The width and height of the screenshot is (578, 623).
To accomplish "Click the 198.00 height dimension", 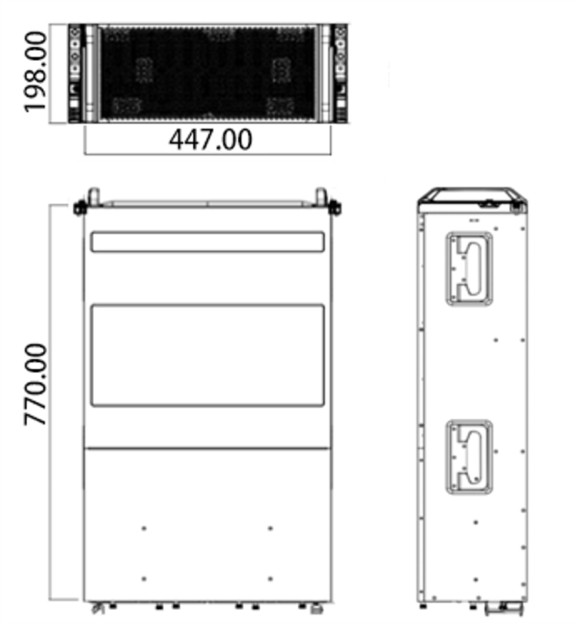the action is click(35, 72).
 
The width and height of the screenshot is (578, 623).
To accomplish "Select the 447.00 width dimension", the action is click(210, 139).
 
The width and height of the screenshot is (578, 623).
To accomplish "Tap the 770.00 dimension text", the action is click(35, 384).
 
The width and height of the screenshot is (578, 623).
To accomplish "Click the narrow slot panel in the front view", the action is click(207, 242).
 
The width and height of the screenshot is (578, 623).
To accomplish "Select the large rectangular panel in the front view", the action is click(207, 356).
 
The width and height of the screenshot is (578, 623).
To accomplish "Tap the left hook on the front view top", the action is click(93, 196).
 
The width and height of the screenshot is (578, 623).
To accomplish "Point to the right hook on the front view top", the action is click(321, 196).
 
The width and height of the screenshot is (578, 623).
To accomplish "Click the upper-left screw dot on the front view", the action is click(144, 528).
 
